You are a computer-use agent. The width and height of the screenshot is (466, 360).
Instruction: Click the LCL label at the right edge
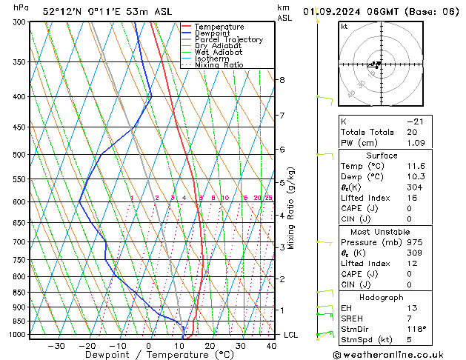tap(292, 335)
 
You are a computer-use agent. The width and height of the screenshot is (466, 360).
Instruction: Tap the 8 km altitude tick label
tap(282, 80)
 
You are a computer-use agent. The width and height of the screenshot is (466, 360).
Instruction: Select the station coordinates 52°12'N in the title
tap(61, 11)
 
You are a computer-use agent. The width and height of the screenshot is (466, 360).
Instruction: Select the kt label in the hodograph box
tap(344, 27)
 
